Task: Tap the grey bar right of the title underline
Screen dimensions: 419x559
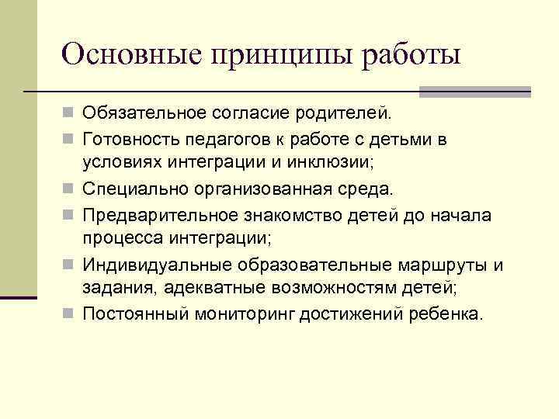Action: point(475,92)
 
